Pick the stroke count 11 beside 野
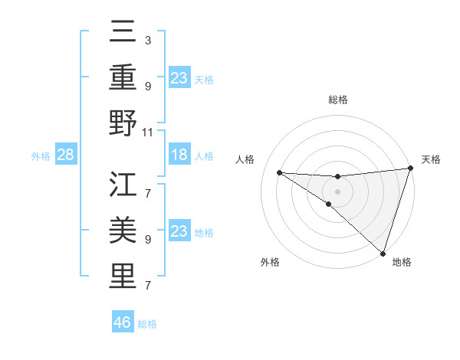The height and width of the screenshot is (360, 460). tap(148, 133)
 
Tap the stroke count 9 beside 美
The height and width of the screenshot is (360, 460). tap(147, 239)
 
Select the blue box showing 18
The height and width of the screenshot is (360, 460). tap(179, 155)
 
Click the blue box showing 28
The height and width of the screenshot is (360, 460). tap(66, 155)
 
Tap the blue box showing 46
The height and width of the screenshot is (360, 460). tap(123, 322)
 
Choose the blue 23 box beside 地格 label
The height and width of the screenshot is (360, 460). tap(179, 232)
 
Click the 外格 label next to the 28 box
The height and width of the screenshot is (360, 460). tap(41, 156)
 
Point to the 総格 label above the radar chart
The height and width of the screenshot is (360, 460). tap(337, 100)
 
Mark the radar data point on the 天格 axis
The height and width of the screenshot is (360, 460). tap(409, 169)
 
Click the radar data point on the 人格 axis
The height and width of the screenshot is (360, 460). tap(279, 172)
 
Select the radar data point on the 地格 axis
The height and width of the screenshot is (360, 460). tap(383, 254)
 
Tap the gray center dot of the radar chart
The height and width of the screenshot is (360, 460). tap(337, 190)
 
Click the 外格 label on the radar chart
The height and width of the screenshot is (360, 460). tap(270, 262)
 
